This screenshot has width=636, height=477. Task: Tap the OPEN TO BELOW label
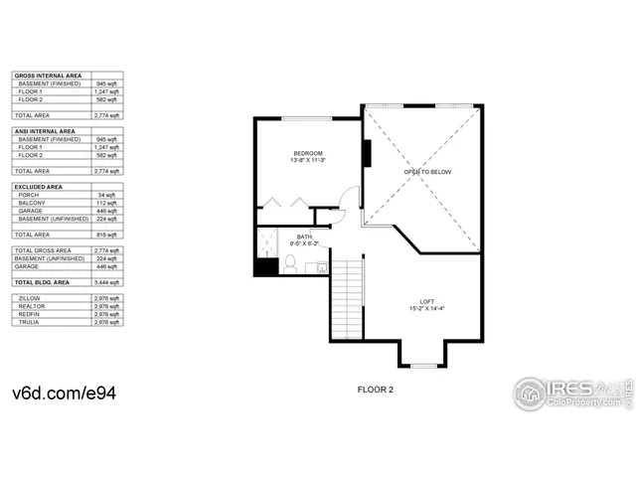pos(427,172)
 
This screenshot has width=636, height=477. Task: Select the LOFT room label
pos(426,302)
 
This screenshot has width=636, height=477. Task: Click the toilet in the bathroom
pos(291,263)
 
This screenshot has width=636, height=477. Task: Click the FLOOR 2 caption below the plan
pos(376,390)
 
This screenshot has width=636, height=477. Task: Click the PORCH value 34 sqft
pos(109,195)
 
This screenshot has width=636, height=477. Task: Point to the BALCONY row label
pos(32,203)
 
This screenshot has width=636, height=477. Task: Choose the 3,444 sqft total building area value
pos(108,282)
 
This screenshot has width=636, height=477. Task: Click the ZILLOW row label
pos(30,297)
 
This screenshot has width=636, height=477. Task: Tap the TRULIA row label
pos(30,321)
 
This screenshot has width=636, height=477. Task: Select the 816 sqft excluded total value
pos(109,234)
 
